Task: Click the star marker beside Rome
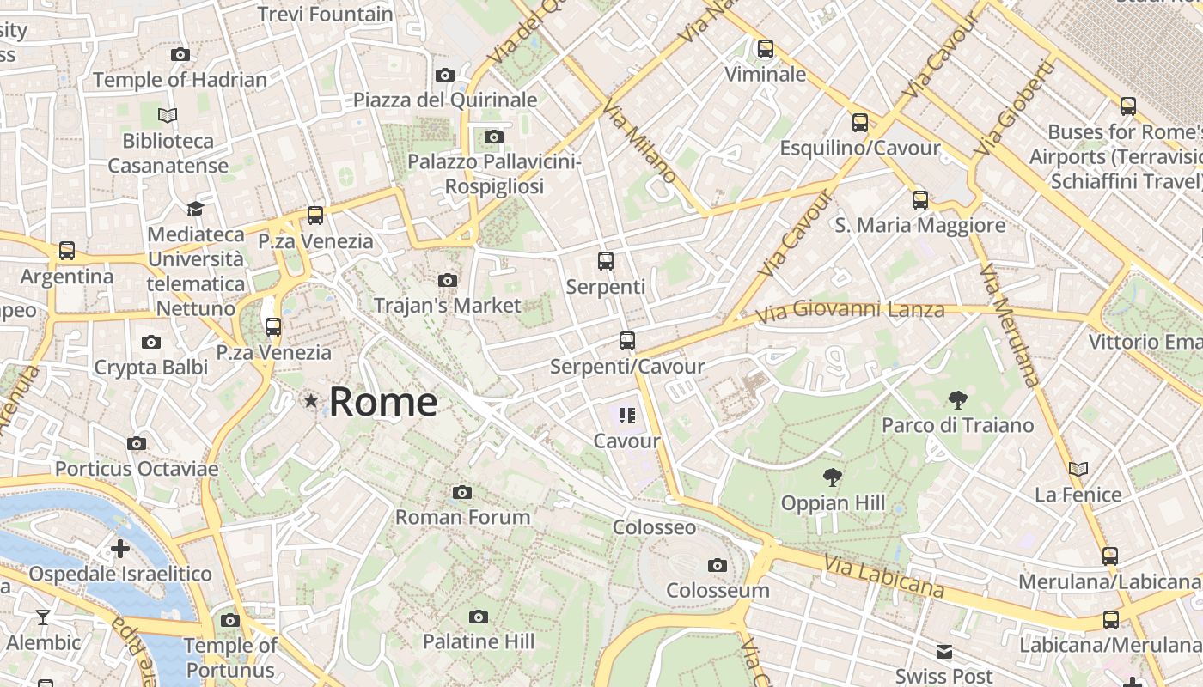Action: pyautogui.click(x=311, y=401)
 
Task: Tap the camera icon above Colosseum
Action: pyautogui.click(x=718, y=565)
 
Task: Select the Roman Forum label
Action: pyautogui.click(x=463, y=517)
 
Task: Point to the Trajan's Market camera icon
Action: pyautogui.click(x=447, y=280)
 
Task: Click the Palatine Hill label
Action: pyautogui.click(x=479, y=641)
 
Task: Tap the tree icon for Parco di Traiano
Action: pyautogui.click(x=957, y=399)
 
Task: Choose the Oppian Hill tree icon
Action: pyautogui.click(x=832, y=477)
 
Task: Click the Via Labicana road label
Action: pyautogui.click(x=884, y=576)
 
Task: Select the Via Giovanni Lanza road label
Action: pyautogui.click(x=851, y=311)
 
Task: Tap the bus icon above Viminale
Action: pyautogui.click(x=766, y=49)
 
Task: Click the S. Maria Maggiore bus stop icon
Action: pyautogui.click(x=920, y=200)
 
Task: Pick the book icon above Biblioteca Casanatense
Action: pyautogui.click(x=168, y=115)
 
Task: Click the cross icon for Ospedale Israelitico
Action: pyautogui.click(x=120, y=548)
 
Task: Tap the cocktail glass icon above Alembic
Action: pyautogui.click(x=43, y=617)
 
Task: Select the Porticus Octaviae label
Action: pyautogui.click(x=137, y=469)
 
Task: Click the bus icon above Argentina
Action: pyautogui.click(x=67, y=251)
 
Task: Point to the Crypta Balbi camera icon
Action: pyautogui.click(x=151, y=343)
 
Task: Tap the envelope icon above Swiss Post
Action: pyautogui.click(x=944, y=651)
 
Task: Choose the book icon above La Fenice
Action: pyautogui.click(x=1078, y=469)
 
